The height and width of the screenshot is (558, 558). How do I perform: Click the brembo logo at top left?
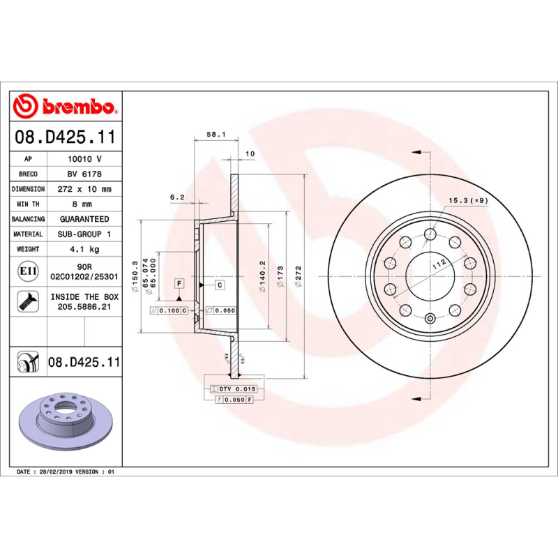pos(65,107)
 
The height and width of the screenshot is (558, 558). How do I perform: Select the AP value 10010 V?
pos(84,159)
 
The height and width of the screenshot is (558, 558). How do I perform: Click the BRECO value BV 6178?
pos(84,174)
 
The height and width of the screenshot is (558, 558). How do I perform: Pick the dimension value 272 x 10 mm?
pos(84,189)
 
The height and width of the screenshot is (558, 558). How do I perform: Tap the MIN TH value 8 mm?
pos(84,204)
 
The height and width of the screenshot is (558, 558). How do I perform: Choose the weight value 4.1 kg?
pos(84,249)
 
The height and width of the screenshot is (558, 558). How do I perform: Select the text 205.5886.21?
pos(84,306)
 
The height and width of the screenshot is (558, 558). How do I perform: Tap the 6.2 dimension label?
pos(176,197)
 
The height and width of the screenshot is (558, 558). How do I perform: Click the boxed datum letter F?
pos(179,282)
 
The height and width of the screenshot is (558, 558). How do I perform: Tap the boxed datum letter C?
pos(219,285)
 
